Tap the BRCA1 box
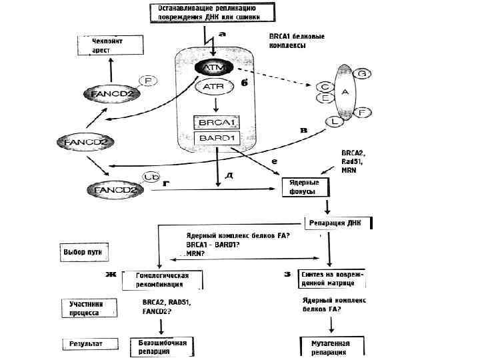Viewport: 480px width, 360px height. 215,122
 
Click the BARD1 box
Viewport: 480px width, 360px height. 215,138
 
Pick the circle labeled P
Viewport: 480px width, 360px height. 147,81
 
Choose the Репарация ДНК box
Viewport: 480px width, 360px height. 337,223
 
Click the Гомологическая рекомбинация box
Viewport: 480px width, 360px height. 161,280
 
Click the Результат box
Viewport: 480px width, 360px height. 85,344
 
